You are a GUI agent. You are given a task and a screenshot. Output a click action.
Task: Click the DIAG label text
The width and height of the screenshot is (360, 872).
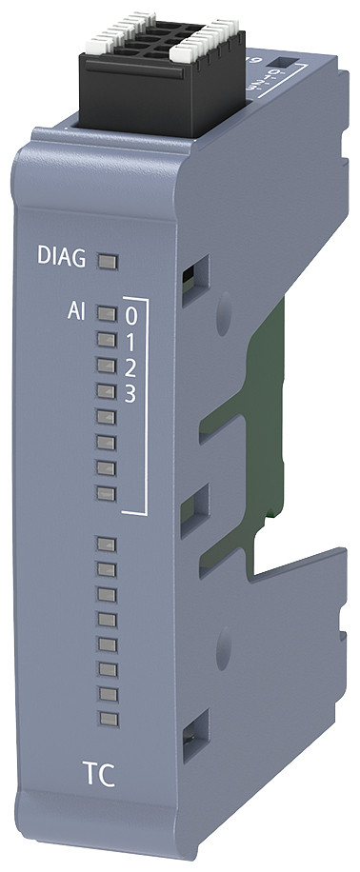pyautogui.click(x=64, y=258)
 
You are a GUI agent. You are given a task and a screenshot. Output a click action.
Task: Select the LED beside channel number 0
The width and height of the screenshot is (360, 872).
pyautogui.click(x=107, y=312)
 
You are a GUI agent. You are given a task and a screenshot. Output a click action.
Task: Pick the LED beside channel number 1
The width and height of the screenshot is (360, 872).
pyautogui.click(x=107, y=338)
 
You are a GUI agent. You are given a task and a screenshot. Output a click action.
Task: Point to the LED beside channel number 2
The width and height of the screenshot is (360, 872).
pyautogui.click(x=107, y=364)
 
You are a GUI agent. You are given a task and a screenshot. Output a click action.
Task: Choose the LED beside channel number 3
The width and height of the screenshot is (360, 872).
pyautogui.click(x=107, y=389)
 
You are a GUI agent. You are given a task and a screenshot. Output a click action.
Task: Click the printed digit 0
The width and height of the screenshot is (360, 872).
pyautogui.click(x=131, y=313)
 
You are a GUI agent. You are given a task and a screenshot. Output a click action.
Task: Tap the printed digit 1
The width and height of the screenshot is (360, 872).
pyautogui.click(x=131, y=340)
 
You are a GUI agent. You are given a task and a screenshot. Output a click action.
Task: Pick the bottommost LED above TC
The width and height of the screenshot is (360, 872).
pyautogui.click(x=107, y=716)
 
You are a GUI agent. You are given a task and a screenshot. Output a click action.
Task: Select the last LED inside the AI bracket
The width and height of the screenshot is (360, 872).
pyautogui.click(x=107, y=492)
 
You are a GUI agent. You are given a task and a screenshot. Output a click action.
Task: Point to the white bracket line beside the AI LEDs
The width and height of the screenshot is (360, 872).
pyautogui.click(x=146, y=409)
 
